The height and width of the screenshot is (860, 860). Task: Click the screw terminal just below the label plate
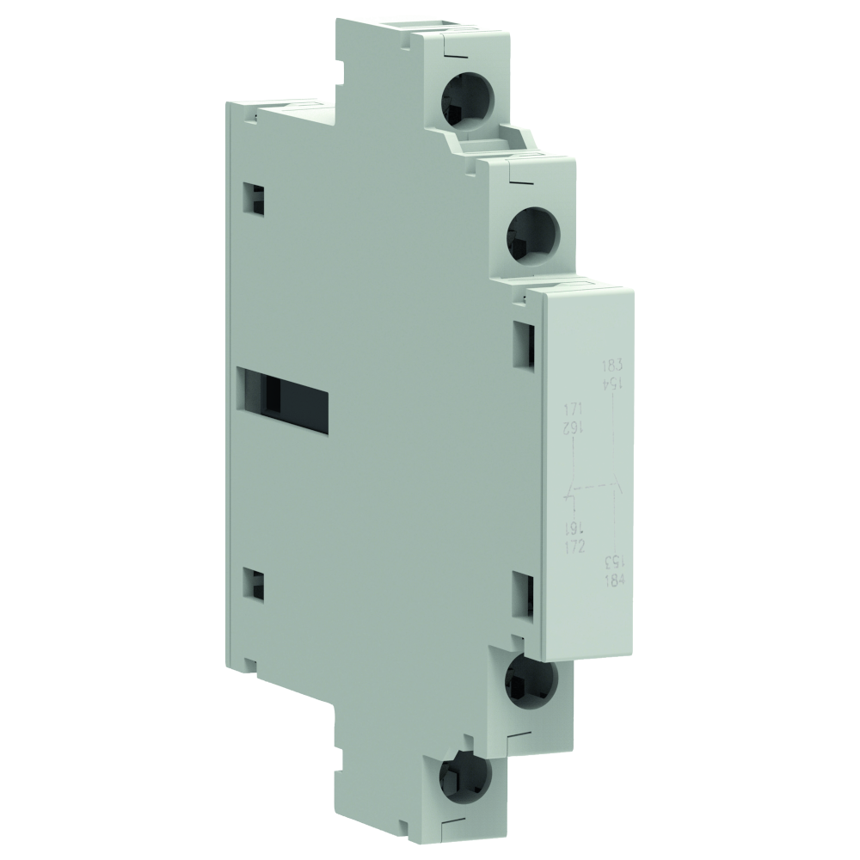[x=526, y=677]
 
